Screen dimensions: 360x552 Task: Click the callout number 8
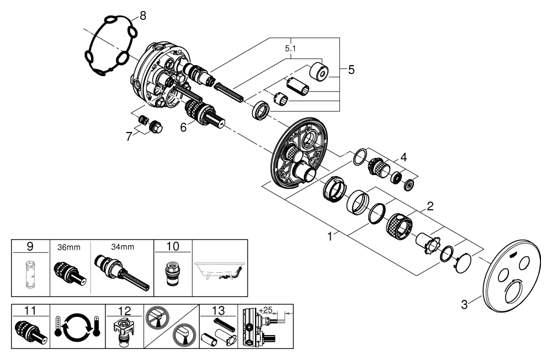[x=143, y=16]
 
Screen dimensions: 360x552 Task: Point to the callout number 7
[x=129, y=136]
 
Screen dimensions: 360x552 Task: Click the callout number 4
[x=404, y=157]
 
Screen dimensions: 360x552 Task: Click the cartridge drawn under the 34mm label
[x=120, y=271]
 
